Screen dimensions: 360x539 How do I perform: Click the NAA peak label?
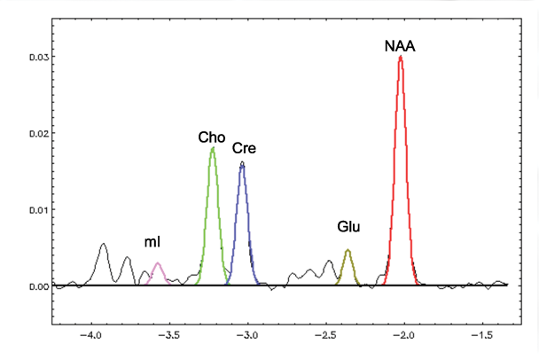coord(400,45)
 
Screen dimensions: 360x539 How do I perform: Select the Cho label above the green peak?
coord(212,137)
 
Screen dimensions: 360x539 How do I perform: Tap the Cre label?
coord(244,148)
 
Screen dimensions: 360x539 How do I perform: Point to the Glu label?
coord(348,228)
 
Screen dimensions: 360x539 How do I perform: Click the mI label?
coord(152,242)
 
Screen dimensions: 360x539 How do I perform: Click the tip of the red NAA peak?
coord(401,58)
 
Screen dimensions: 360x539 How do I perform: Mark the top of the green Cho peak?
coord(213,148)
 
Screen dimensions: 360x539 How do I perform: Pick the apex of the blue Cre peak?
coord(242,163)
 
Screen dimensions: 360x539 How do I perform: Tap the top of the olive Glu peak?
coord(348,250)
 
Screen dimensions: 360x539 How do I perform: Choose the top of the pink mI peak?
coord(158,263)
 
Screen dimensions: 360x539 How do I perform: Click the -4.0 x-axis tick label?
coord(89,337)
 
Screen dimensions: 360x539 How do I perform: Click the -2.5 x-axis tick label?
coord(325,337)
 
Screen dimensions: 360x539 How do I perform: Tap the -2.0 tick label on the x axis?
coord(404,337)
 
